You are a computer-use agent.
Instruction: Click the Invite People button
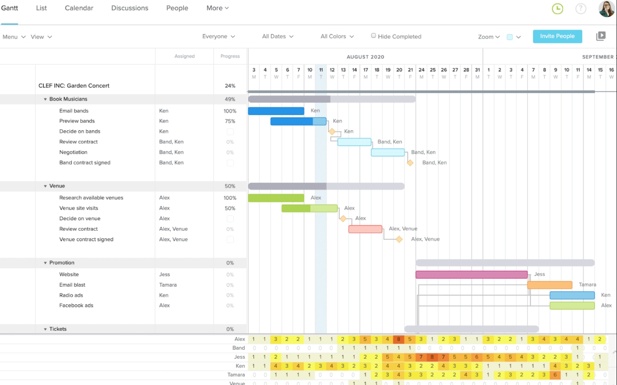(x=557, y=36)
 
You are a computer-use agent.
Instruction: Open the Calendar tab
(x=79, y=8)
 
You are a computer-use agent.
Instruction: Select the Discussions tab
(x=130, y=8)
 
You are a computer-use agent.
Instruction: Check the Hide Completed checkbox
(x=373, y=36)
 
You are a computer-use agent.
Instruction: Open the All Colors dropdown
(x=337, y=36)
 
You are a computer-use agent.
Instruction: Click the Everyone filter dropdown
(x=219, y=36)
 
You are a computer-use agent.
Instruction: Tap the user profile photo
(x=606, y=8)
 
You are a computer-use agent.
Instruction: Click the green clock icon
(x=558, y=8)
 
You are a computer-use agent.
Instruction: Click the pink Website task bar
(x=471, y=275)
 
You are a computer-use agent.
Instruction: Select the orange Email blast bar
(x=550, y=285)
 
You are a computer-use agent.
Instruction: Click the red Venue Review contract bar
(x=365, y=229)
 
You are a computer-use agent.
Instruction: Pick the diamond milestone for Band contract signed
(x=410, y=163)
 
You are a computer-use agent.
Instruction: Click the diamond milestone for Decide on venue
(x=343, y=218)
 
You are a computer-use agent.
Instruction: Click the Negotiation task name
(x=73, y=152)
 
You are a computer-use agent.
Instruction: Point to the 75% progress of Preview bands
(x=230, y=121)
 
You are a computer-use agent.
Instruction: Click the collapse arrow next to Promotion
(x=45, y=263)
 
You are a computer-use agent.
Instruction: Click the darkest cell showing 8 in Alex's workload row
(x=398, y=339)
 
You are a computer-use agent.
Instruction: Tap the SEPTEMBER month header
(x=597, y=57)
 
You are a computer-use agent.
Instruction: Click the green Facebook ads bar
(x=572, y=306)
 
